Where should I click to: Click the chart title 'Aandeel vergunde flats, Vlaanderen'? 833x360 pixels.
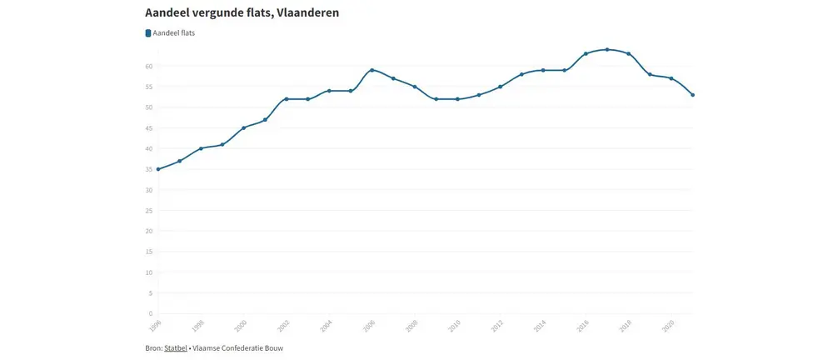pos(242,14)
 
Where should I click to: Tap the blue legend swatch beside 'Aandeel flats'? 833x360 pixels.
pos(148,33)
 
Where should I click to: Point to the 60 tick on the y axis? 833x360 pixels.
pos(147,66)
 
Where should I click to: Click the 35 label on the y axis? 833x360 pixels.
pos(147,169)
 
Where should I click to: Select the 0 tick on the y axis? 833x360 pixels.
pos(150,314)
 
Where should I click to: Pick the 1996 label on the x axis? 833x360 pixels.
pos(154,323)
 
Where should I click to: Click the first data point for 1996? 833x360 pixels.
pos(158,169)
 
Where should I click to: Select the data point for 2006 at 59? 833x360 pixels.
pos(372,70)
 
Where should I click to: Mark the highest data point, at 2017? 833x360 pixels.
pos(607,49)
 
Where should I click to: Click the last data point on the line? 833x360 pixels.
pos(693,95)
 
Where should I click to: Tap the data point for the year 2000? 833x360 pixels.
pos(244,127)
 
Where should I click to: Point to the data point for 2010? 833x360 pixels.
pos(457,99)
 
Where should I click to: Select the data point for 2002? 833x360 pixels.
pos(287,99)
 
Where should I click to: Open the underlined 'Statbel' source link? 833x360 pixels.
pos(175,347)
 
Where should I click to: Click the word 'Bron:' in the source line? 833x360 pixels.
pos(153,347)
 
